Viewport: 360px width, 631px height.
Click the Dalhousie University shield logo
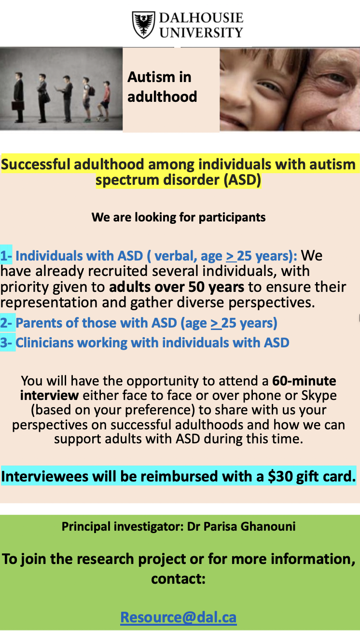coord(143,25)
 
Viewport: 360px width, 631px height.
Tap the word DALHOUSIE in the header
coord(201,18)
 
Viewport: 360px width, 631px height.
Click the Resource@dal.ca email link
coord(178,617)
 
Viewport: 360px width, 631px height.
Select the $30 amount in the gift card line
coord(276,476)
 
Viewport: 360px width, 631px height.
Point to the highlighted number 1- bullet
coord(6,256)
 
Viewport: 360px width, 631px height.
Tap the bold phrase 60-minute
coord(304,381)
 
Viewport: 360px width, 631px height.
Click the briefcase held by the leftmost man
coord(18,106)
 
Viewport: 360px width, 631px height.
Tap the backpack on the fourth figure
coord(92,91)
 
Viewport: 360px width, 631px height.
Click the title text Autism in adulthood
coord(162,87)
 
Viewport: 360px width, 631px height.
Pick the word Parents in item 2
coord(38,323)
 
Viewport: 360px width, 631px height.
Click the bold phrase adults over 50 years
coord(177,287)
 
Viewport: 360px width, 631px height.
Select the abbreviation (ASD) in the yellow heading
coord(243,180)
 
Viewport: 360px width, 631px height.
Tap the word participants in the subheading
coord(232,218)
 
